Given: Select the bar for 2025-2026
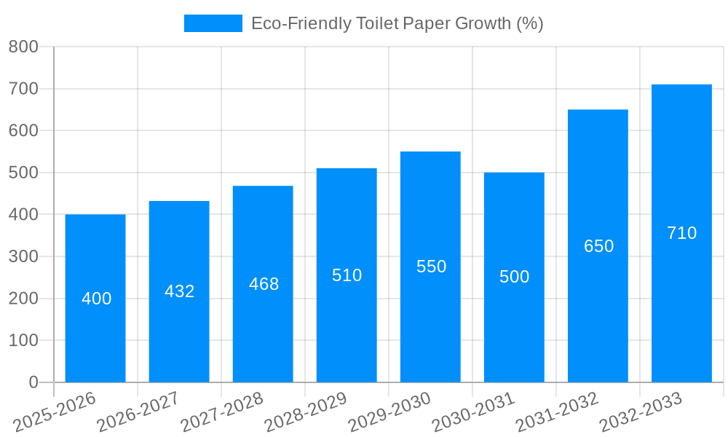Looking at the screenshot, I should click(x=95, y=335).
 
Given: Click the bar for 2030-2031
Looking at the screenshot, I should click(x=514, y=328).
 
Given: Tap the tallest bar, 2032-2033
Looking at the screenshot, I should click(x=681, y=306).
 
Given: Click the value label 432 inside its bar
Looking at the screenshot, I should click(x=180, y=291).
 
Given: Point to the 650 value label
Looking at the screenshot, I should click(x=599, y=246).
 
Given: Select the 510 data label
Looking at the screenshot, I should click(x=347, y=275).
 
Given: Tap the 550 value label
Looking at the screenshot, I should click(x=432, y=267).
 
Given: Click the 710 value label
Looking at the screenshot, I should click(x=682, y=233).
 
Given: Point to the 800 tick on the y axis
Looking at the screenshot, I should click(x=23, y=47).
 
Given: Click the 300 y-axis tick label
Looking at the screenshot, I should click(x=23, y=256).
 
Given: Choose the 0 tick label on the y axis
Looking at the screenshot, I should click(x=33, y=382).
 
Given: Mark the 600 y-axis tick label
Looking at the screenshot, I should click(x=23, y=130).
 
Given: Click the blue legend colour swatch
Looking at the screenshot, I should click(x=213, y=23).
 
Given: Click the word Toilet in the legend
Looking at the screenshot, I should click(x=376, y=23).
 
